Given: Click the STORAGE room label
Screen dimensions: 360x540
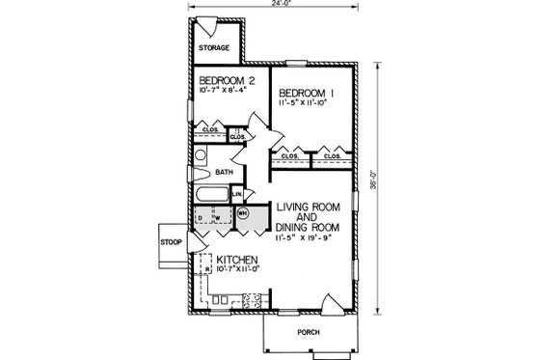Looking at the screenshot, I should point(214,47).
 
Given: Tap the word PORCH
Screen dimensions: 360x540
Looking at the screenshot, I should point(308,331).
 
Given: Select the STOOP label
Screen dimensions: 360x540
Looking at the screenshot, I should point(171,241).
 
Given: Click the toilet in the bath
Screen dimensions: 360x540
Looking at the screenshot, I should point(200,156).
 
